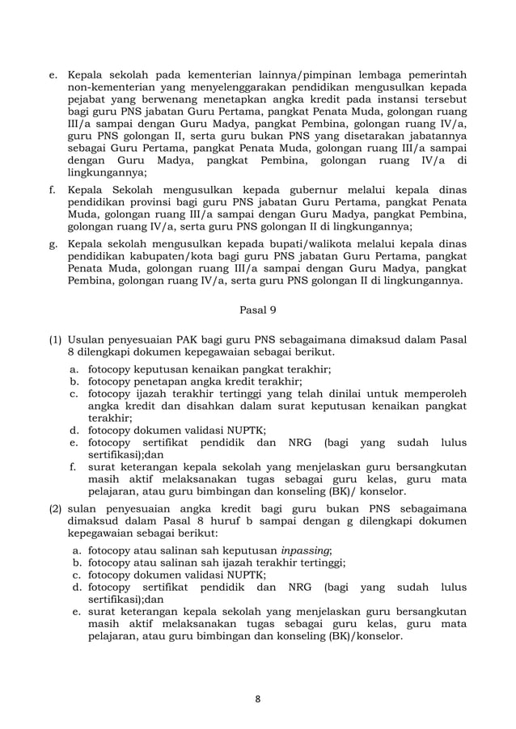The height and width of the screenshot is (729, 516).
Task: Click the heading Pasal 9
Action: click(x=258, y=307)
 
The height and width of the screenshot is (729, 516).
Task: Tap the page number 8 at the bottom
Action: click(x=258, y=699)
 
